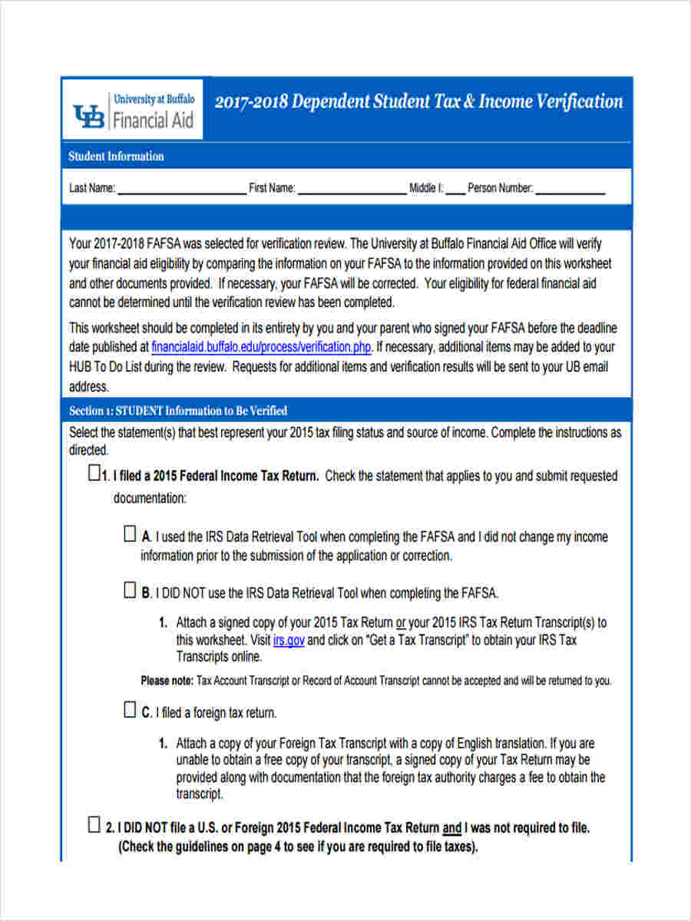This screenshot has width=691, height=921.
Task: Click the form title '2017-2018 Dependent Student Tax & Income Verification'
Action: click(418, 102)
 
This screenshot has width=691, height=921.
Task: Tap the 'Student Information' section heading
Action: click(116, 157)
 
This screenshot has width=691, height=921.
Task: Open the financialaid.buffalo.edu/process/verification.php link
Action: click(262, 347)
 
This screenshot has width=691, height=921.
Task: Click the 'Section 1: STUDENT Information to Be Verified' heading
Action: click(178, 411)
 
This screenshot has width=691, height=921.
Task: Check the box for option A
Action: click(131, 534)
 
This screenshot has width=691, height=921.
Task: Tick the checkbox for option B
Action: click(131, 590)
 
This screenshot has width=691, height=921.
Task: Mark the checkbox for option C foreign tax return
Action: click(131, 710)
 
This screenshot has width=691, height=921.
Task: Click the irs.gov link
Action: click(288, 639)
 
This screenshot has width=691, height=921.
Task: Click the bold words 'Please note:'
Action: click(167, 681)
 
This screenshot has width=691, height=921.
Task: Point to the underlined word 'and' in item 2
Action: click(452, 829)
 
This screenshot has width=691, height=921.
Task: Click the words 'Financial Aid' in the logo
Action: click(153, 120)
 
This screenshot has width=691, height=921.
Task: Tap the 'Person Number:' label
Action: click(500, 189)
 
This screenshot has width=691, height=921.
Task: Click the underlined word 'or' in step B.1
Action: click(401, 622)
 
